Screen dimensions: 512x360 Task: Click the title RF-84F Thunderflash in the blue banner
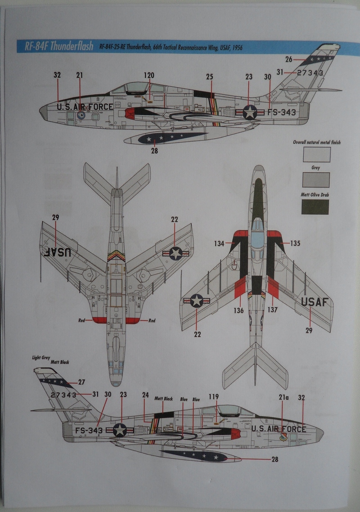pos(52,47)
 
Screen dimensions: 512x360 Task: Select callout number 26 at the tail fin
pos(289,59)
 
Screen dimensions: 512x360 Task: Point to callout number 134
pos(219,243)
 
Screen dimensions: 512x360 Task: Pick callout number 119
pos(214,396)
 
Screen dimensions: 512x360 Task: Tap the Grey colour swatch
pos(315,180)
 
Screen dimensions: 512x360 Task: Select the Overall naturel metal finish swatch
pos(316,154)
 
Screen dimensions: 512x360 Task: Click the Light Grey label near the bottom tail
pos(41,358)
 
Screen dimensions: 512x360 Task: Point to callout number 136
pos(239,310)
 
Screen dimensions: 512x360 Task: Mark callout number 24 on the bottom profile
pos(145,395)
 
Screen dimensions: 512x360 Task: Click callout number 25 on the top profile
pos(210,77)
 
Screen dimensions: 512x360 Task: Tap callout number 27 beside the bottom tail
pos(81,382)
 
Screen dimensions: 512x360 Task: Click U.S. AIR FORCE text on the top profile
pos(85,107)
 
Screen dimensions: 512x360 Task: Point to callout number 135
pos(295,243)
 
